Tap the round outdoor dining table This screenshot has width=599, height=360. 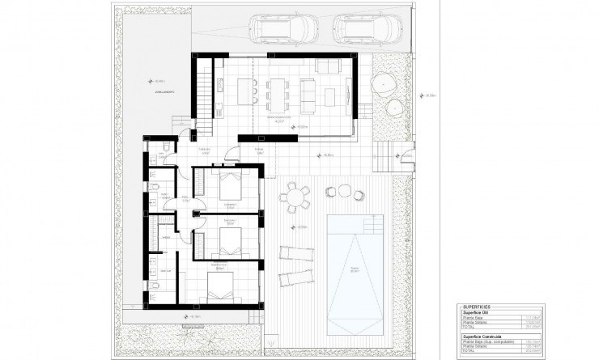[x=297, y=197]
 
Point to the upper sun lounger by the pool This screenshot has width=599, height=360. [x=293, y=252]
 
